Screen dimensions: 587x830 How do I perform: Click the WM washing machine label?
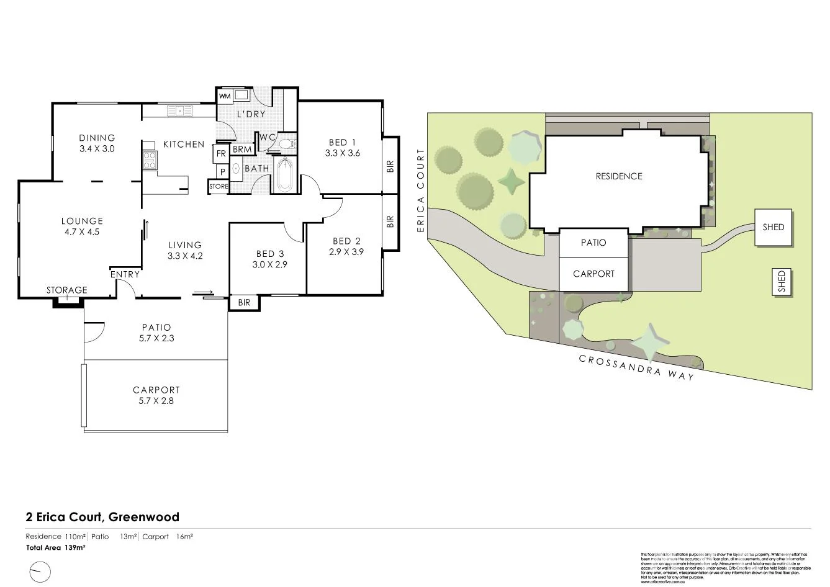point(225,96)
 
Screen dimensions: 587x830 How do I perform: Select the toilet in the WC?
point(286,144)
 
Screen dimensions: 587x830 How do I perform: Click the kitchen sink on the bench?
point(180,111)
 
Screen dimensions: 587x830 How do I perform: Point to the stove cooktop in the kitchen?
point(149,161)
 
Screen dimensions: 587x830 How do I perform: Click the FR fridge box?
point(221,153)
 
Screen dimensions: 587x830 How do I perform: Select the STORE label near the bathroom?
point(219,186)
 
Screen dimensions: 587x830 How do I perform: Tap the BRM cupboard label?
point(242,150)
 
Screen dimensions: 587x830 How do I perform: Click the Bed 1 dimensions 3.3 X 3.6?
point(342,153)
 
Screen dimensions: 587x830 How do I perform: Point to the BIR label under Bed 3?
point(244,302)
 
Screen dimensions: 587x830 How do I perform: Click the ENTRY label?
point(125,274)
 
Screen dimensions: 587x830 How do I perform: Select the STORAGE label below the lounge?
point(67,290)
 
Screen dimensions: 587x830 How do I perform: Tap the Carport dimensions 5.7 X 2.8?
point(156,401)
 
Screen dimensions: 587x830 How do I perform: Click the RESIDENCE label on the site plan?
point(619,176)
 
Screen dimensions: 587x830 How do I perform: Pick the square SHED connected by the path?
point(773,227)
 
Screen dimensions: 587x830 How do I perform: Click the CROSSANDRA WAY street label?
point(636,367)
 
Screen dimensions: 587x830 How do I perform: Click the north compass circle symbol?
point(40,571)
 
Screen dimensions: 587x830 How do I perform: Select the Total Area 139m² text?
point(55,548)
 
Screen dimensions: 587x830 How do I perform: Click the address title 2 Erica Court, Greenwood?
point(102,517)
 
